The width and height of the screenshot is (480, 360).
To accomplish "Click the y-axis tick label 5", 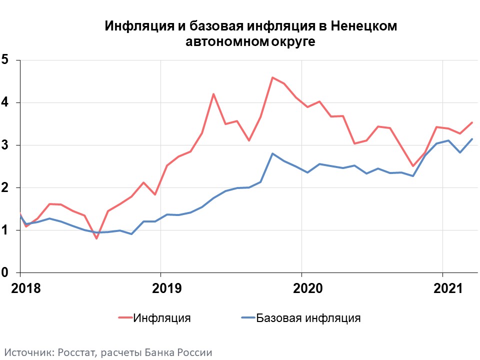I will (x=5, y=60).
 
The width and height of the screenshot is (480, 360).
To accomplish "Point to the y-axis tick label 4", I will (x=5, y=102).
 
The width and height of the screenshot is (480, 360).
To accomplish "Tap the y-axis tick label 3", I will (x=5, y=145).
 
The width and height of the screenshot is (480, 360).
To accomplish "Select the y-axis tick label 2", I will (x=5, y=187).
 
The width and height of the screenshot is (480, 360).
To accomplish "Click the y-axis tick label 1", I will (x=5, y=230).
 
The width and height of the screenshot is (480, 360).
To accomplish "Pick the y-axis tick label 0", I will (x=5, y=272).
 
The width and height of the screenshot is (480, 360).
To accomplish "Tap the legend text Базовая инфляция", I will (x=308, y=317).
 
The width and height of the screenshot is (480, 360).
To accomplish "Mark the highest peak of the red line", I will (x=272, y=77).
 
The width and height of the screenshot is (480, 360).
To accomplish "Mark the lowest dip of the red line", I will (x=96, y=238).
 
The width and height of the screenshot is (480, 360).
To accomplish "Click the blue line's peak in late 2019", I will (x=272, y=153).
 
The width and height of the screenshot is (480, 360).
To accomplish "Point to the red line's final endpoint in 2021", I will (x=472, y=122).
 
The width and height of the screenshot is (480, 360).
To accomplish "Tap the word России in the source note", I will (x=195, y=352).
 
